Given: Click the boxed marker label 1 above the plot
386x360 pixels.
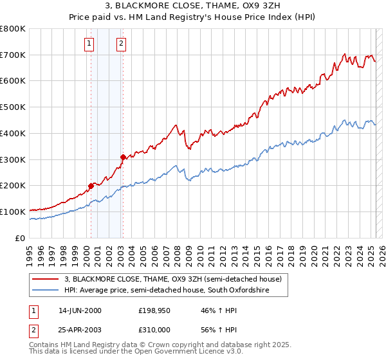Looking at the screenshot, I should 88,44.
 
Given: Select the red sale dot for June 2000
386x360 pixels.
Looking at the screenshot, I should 91,186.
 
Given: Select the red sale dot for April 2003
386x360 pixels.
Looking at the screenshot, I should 123,156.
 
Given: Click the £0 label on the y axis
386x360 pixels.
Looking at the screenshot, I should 21,238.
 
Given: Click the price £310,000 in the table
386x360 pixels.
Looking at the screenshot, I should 154,329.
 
